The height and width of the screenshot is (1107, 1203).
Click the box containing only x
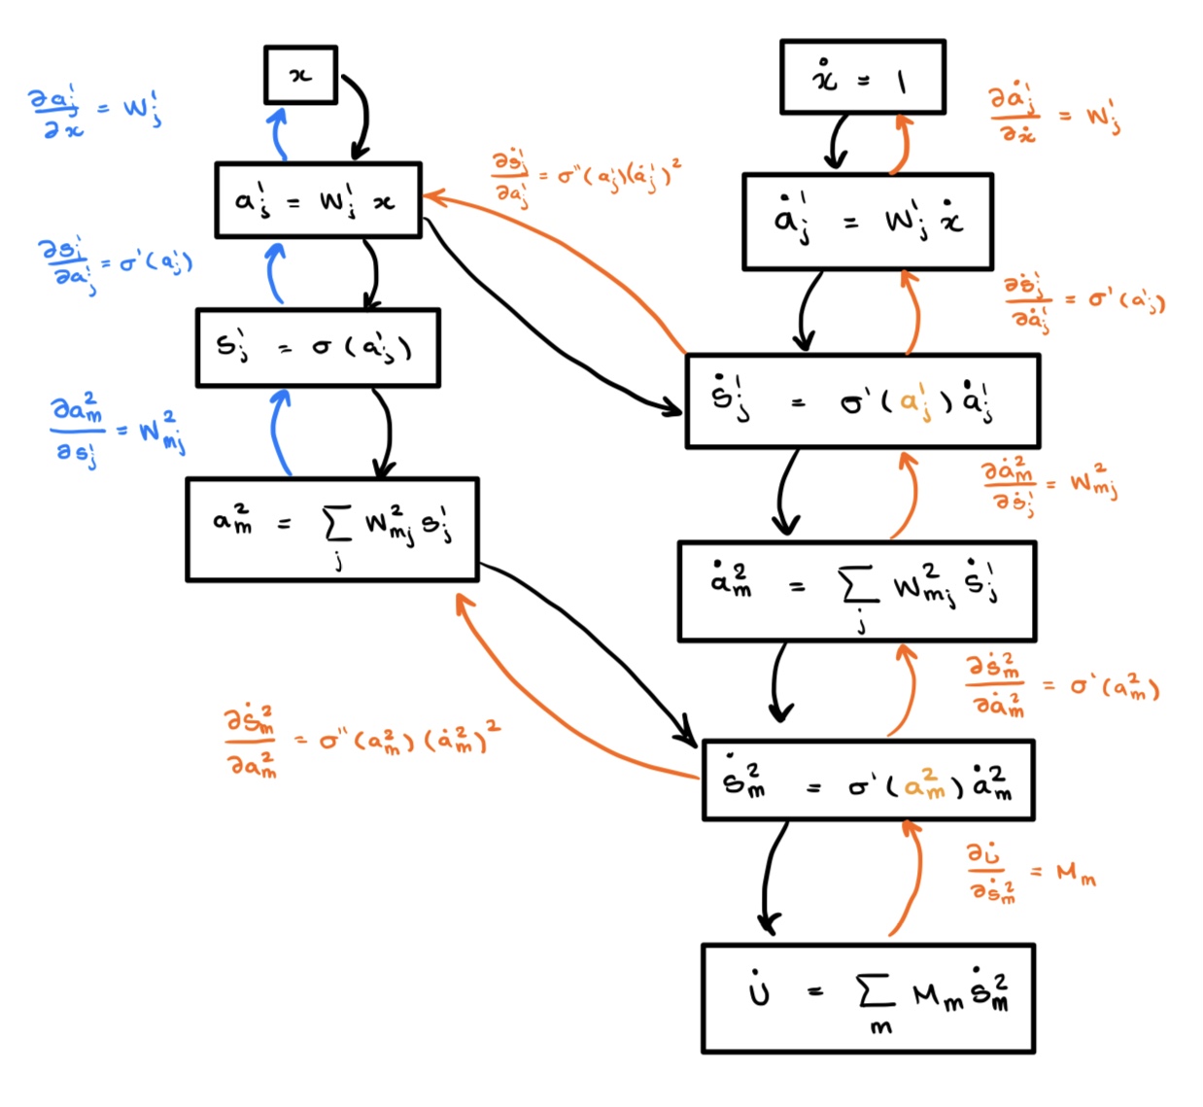tap(301, 75)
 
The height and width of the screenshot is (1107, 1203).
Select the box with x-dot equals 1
tap(863, 78)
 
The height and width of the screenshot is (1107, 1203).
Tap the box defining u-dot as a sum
tap(868, 998)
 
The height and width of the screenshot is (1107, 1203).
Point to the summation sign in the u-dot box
tap(875, 991)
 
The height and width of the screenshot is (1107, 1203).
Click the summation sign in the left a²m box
tap(337, 525)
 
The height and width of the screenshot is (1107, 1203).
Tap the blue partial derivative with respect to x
tap(94, 113)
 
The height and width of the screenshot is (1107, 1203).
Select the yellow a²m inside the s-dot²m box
tap(924, 783)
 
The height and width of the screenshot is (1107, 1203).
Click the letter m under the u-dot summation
tap(880, 1028)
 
